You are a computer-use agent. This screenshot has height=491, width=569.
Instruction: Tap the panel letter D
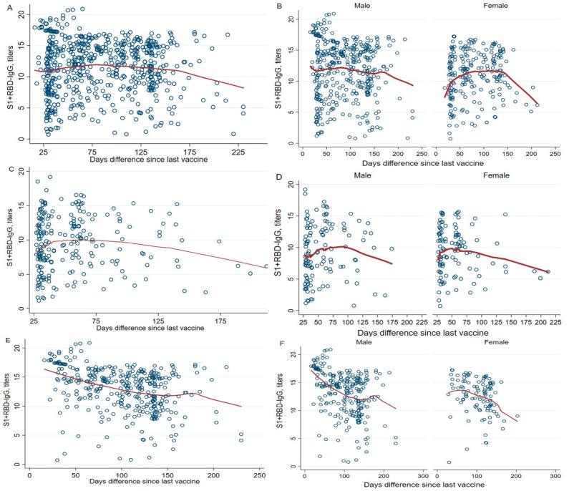point(291,169)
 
